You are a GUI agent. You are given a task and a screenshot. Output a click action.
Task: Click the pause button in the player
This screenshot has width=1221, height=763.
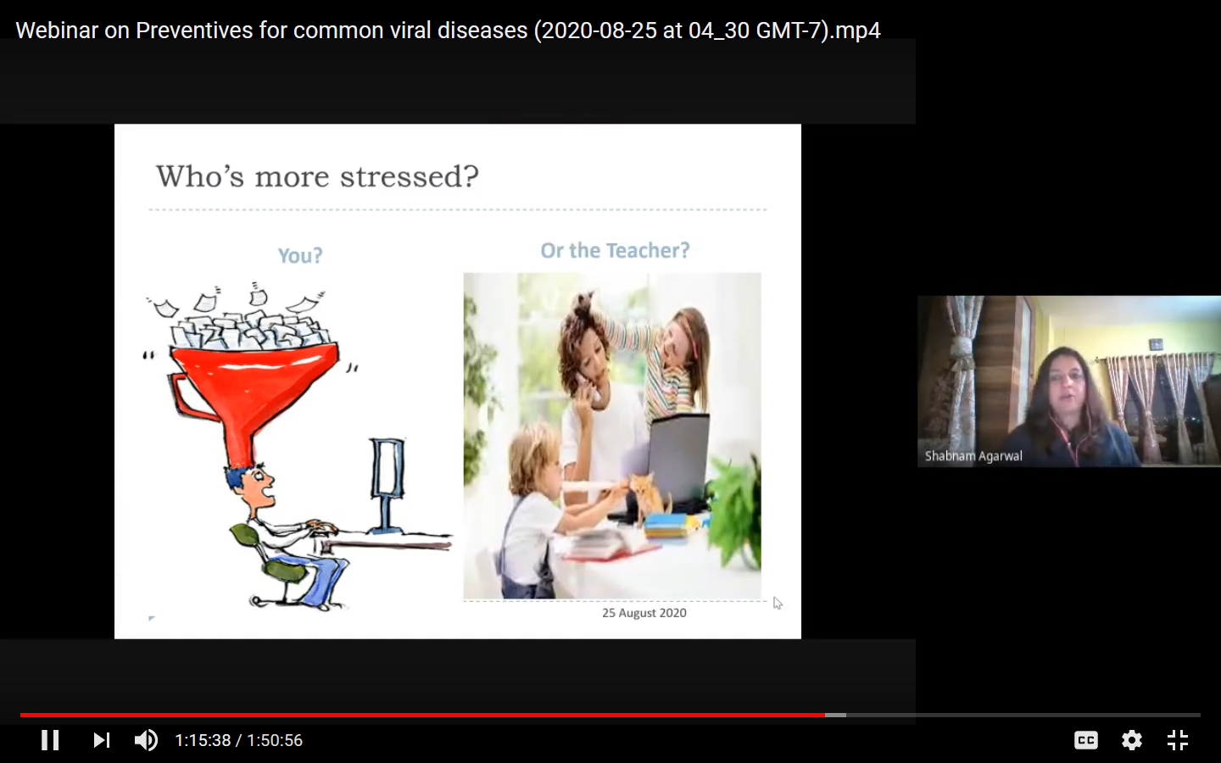coord(51,740)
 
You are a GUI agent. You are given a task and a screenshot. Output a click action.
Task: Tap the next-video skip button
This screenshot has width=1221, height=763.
coord(101,740)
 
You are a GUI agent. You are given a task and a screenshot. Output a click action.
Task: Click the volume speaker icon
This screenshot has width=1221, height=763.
coord(146,740)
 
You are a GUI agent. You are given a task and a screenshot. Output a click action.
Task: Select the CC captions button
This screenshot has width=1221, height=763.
coord(1086,740)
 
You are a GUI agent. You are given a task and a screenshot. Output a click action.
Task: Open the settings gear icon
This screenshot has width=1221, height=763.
coord(1132,740)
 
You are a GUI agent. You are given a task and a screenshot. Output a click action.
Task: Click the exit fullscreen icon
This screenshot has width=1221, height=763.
coord(1178,740)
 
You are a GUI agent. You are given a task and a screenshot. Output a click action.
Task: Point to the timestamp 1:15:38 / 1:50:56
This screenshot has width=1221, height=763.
coord(238,740)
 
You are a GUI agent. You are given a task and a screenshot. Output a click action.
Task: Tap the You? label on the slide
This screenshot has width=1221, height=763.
coord(300,255)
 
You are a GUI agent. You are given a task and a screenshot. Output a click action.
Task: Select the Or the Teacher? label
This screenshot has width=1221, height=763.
coord(615,251)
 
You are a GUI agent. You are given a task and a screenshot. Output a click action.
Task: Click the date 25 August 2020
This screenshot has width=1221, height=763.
coord(644,613)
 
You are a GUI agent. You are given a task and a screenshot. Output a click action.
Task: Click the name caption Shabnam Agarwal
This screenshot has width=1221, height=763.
coord(973,456)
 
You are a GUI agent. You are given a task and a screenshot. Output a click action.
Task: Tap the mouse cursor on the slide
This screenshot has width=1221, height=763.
coord(777,603)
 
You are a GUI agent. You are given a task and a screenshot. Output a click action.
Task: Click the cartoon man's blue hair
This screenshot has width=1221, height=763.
coord(243,477)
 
